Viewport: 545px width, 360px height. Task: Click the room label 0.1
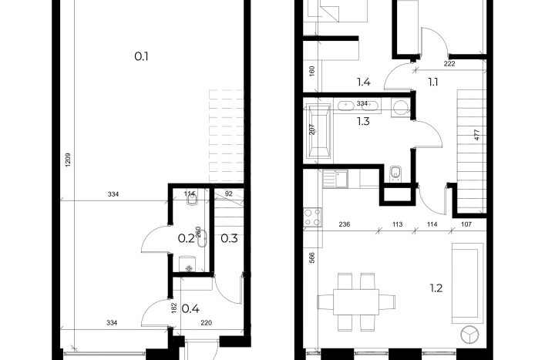(x=141, y=56)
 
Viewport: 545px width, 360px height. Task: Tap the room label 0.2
(x=186, y=238)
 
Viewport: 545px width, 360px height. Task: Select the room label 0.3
(x=229, y=238)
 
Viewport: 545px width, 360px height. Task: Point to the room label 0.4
(x=190, y=308)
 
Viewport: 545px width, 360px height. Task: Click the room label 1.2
(x=436, y=288)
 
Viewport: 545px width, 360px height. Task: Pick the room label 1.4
(x=364, y=82)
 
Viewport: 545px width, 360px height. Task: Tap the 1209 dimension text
(x=68, y=160)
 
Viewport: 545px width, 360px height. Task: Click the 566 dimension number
(x=311, y=257)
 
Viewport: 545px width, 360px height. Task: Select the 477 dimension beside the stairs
(x=476, y=135)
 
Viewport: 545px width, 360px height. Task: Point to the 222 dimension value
(x=449, y=63)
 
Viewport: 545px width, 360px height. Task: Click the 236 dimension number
(x=344, y=224)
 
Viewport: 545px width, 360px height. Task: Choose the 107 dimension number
(x=466, y=224)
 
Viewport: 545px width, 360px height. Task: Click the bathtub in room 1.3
(x=318, y=131)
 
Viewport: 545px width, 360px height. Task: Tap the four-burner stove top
(x=312, y=217)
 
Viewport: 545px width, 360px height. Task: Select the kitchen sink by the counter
(x=335, y=179)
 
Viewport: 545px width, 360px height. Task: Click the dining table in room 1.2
(x=356, y=301)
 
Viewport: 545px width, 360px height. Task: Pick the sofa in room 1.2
(x=467, y=283)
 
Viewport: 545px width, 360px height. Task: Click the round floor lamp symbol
(x=469, y=335)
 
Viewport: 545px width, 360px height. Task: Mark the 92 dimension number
(x=228, y=194)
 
